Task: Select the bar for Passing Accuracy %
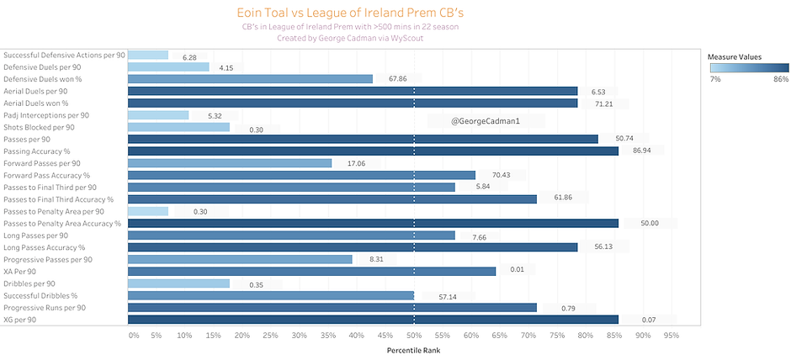(373, 151)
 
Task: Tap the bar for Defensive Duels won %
(250, 79)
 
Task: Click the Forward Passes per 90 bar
(230, 163)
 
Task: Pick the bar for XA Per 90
(311, 272)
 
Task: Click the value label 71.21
(599, 103)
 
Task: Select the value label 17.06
(354, 163)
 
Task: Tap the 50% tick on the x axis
(414, 336)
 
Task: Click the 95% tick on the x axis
(671, 336)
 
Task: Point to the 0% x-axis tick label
(133, 336)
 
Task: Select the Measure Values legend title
(734, 56)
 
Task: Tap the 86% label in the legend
(780, 79)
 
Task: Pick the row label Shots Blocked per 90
(39, 127)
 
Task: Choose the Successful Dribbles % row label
(40, 295)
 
